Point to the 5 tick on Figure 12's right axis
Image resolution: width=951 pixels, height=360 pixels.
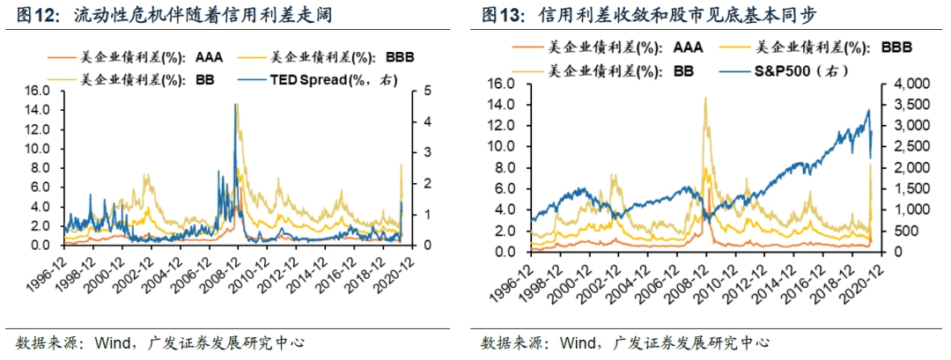(x=428, y=91)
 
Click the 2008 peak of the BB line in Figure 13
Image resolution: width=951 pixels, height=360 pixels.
(x=705, y=98)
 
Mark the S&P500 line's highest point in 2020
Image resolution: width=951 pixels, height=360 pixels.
(x=868, y=110)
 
